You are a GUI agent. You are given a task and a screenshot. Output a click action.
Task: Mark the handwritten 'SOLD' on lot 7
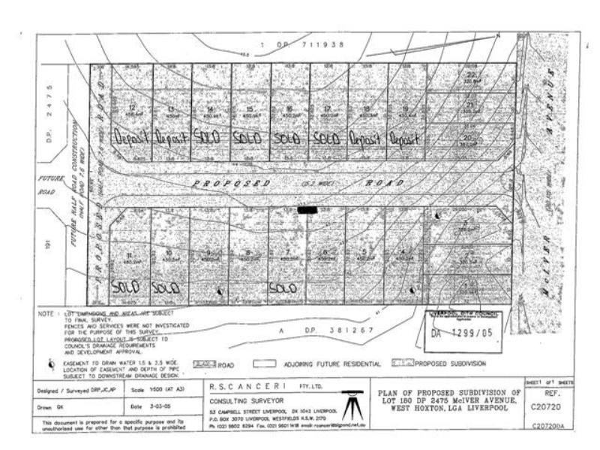pyautogui.click(x=282, y=286)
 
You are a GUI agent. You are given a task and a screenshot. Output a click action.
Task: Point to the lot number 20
pyautogui.click(x=469, y=137)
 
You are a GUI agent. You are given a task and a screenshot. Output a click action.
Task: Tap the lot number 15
pyautogui.click(x=249, y=109)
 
